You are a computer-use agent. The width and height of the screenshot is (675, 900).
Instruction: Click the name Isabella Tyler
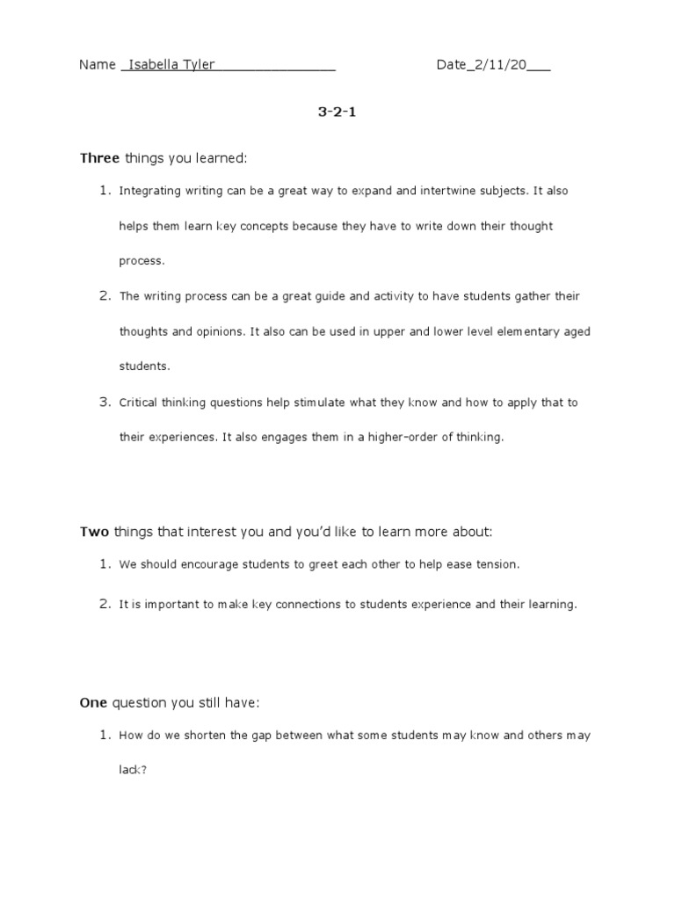point(171,65)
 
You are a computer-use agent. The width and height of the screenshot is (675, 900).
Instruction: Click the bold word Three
point(99,158)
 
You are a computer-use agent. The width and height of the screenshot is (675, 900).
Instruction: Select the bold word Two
point(94,532)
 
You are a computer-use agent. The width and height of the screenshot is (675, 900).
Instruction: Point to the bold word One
point(93,702)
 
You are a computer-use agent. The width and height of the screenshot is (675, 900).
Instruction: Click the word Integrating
point(148,191)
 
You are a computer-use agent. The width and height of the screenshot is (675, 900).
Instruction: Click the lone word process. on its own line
point(142,261)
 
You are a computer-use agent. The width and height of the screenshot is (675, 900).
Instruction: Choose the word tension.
point(497,564)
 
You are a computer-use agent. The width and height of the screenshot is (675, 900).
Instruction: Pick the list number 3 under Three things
point(104,402)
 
